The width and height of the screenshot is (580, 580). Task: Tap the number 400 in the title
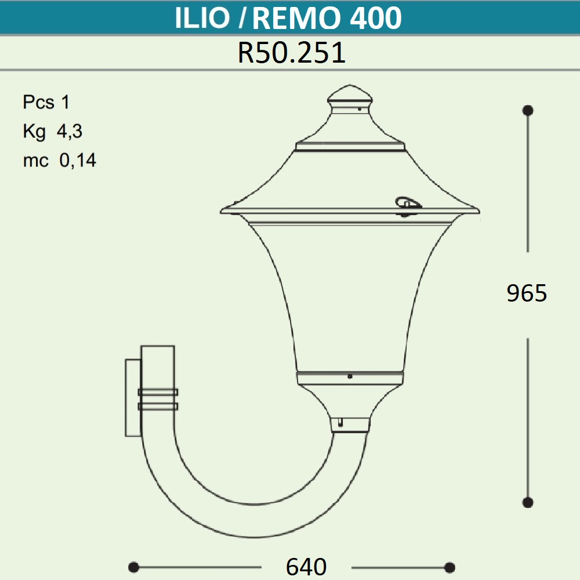pos(376,19)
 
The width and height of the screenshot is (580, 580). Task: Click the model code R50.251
pos(292,53)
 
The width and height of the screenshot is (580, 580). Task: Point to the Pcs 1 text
pos(46,103)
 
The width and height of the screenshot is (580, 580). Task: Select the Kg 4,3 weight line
pos(53,132)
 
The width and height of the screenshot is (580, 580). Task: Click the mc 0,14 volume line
pos(60,161)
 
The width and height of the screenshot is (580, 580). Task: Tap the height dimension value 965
pos(527,294)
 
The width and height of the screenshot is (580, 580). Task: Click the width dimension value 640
pos(306,567)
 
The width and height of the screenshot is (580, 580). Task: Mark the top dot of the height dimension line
pos(528,110)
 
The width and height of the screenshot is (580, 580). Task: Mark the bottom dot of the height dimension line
pos(528,502)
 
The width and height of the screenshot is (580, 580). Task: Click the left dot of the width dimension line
pos(133,567)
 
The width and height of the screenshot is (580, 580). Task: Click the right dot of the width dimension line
pos(449,567)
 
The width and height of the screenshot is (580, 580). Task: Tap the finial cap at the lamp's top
pos(349,96)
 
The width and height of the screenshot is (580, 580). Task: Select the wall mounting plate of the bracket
pos(133,397)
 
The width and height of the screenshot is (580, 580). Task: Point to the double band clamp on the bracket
pos(157,400)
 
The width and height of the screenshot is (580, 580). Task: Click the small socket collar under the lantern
pos(350,425)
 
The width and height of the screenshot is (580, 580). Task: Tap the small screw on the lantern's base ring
pos(350,376)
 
